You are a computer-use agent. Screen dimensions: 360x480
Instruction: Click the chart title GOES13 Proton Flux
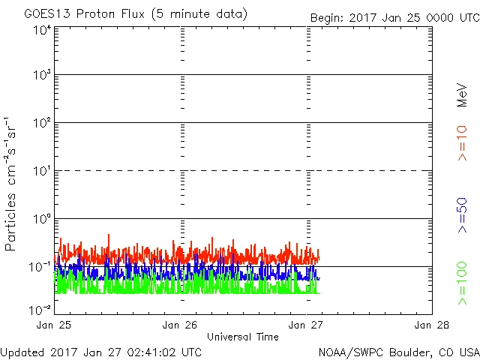pos(136,14)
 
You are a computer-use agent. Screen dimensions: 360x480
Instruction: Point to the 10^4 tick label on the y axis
pos(41,31)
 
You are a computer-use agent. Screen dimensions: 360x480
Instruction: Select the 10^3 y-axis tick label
pos(41,76)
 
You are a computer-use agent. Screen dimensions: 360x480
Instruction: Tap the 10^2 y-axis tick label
pos(41,124)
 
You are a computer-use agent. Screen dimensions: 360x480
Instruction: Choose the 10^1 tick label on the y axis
pos(41,172)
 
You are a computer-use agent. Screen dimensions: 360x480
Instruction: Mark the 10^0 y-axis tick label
pos(41,220)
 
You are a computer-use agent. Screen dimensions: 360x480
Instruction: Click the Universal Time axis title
pos(243,337)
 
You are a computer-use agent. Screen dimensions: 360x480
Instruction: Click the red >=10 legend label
pos(463,142)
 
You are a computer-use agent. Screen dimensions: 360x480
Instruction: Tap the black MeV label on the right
pos(463,95)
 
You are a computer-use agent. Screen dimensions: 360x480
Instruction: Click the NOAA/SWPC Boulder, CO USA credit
pos(398,351)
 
